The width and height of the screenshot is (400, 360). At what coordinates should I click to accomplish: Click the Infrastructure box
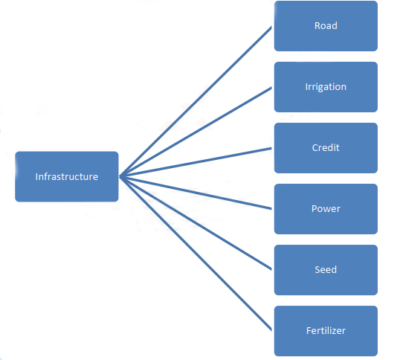(x=67, y=176)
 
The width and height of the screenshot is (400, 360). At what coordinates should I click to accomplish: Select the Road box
(x=326, y=26)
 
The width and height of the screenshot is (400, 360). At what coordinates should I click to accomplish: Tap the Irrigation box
(x=326, y=87)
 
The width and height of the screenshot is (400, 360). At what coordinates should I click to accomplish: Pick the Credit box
(x=326, y=148)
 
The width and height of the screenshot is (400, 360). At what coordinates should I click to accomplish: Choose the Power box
(x=326, y=209)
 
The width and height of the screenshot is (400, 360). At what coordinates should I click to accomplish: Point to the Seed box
(x=326, y=270)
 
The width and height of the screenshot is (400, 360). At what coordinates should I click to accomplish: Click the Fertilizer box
(x=326, y=331)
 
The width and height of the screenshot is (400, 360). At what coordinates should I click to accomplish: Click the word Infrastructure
(x=67, y=176)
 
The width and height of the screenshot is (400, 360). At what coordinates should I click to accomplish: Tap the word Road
(x=326, y=25)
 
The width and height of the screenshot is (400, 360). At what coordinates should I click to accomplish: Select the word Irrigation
(x=326, y=87)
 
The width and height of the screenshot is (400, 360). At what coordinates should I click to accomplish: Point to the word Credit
(x=326, y=148)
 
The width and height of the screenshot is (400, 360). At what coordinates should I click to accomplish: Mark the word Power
(x=326, y=209)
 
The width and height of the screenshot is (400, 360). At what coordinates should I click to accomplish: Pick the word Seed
(x=326, y=270)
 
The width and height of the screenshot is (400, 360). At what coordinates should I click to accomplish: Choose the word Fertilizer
(x=326, y=331)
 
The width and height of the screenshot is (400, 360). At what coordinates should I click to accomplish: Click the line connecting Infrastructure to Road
(x=196, y=101)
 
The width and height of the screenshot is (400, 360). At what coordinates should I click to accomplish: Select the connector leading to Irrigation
(x=196, y=132)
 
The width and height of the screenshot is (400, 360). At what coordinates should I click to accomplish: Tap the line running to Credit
(x=196, y=162)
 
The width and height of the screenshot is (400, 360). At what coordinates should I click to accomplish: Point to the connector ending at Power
(x=196, y=193)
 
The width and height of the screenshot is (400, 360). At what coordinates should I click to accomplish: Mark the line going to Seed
(x=196, y=223)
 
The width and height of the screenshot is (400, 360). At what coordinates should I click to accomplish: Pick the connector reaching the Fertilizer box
(x=196, y=254)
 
